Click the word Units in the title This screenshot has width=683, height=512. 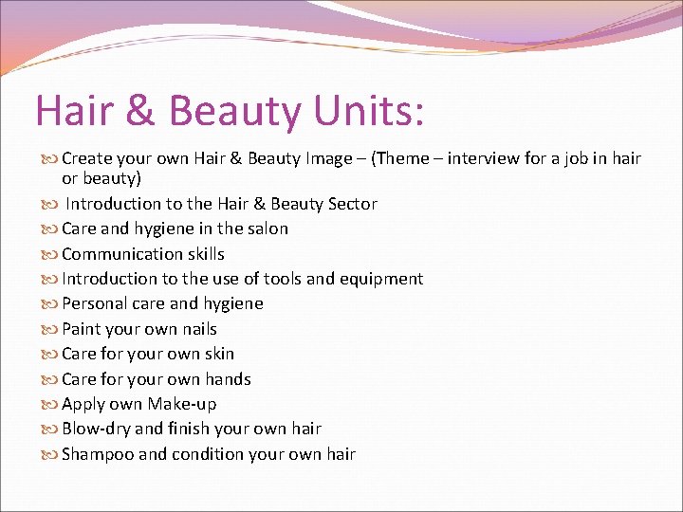tap(358, 112)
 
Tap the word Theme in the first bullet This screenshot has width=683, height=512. tap(407, 158)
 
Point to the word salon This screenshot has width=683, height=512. tap(267, 229)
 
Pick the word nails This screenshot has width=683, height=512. tap(195, 329)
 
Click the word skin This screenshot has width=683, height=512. tap(219, 354)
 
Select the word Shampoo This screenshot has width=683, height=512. tap(98, 454)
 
